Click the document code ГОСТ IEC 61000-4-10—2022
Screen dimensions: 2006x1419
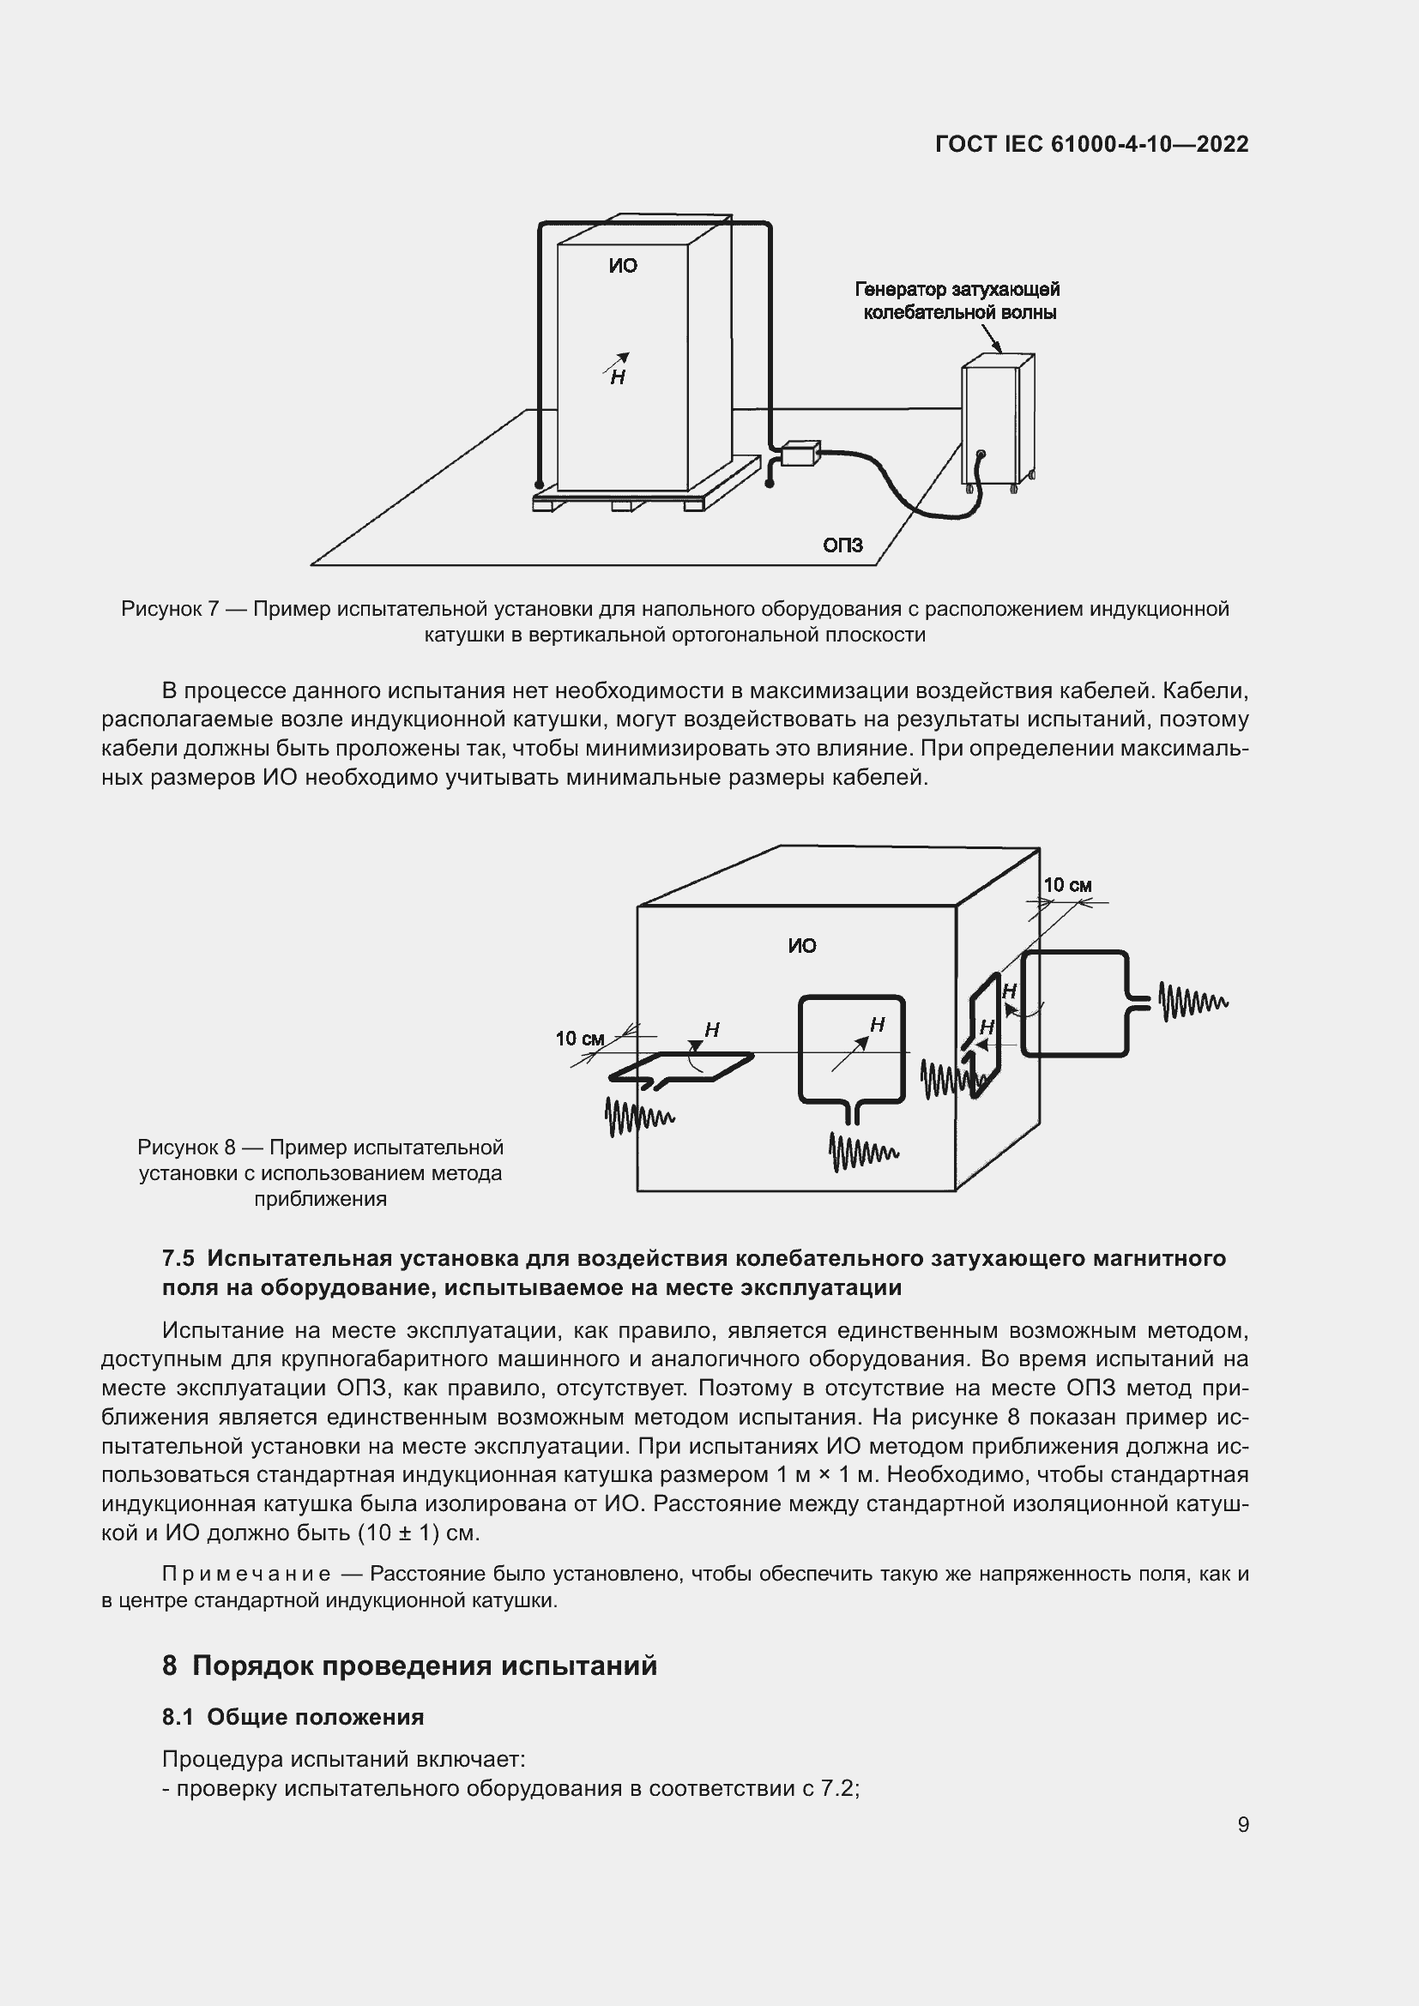(1091, 145)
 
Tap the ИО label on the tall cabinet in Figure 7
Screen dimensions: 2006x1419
(623, 267)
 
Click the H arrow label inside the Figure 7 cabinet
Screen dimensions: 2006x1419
(618, 371)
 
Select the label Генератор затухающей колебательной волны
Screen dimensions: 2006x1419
(958, 300)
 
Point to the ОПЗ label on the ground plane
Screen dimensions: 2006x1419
(842, 545)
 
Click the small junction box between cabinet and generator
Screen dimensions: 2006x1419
(799, 455)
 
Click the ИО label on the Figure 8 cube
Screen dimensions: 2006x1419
(801, 946)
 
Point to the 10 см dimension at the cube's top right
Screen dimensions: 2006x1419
(1068, 886)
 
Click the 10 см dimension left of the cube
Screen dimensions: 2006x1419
(580, 1039)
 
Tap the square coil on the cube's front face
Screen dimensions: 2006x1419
(851, 1049)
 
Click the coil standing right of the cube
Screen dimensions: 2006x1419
(1075, 1003)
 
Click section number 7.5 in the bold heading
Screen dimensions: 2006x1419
(178, 1258)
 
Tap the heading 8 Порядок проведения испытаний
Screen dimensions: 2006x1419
(409, 1666)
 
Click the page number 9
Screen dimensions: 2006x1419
(1242, 1825)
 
